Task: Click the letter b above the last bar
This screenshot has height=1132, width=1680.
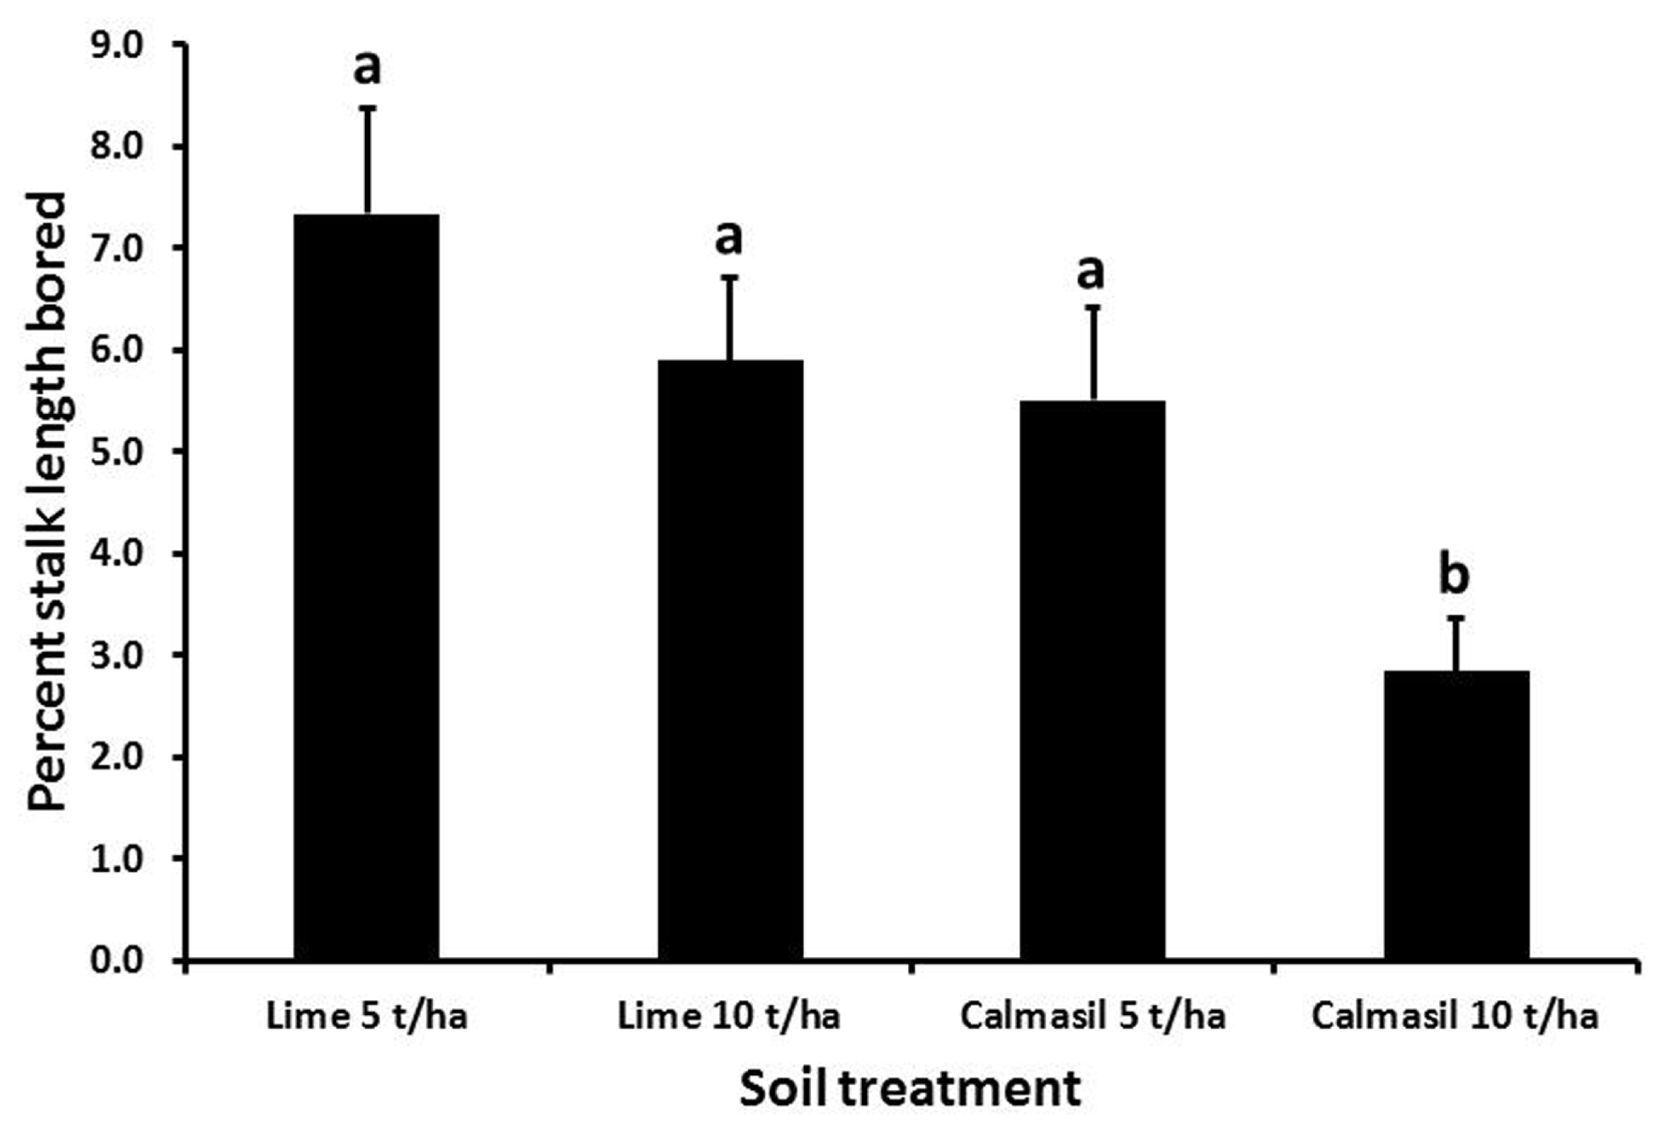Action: (1454, 576)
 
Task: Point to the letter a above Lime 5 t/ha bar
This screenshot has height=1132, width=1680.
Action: (366, 68)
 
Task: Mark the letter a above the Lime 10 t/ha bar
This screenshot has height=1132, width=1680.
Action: (729, 237)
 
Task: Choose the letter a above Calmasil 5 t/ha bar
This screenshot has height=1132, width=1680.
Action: (1091, 272)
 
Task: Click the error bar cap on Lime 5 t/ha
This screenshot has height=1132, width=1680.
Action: (367, 108)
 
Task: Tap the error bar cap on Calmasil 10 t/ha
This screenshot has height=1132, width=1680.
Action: (1456, 618)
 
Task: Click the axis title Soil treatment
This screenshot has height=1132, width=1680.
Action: (910, 1088)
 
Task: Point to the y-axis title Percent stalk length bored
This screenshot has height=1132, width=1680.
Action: (47, 501)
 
